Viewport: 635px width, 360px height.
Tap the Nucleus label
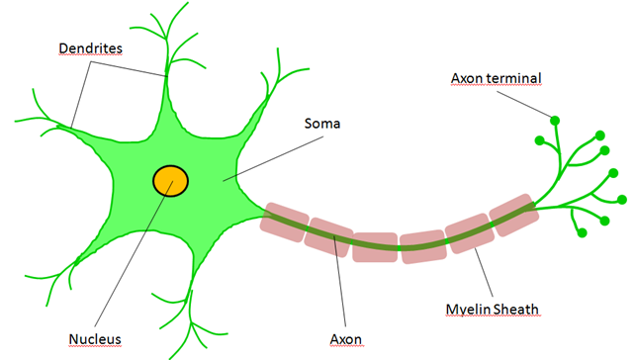tap(95, 339)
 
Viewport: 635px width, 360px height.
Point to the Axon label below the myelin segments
tap(346, 339)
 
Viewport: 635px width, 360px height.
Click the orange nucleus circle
tap(170, 180)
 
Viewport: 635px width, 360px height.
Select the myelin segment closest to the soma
tap(284, 224)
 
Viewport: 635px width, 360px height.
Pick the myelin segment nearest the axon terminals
tap(514, 215)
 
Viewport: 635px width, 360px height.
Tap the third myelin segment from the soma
tap(375, 246)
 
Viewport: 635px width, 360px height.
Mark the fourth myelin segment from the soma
tap(423, 246)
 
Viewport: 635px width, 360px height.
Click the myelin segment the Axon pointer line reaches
tap(329, 236)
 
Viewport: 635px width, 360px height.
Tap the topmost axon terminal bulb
tap(555, 121)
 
